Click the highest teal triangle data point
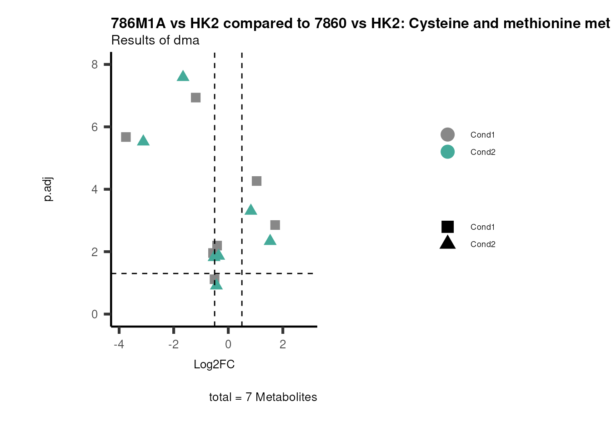183,76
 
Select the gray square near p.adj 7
195,98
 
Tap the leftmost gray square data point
126,137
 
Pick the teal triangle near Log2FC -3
143,141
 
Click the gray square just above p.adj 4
256,181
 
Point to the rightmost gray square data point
275,225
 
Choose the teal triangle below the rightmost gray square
270,240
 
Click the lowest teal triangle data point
216,285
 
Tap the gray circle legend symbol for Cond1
447,135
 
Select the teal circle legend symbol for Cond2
447,152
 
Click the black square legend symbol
447,227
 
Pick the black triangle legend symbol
447,243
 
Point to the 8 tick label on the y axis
95,64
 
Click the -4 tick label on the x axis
119,344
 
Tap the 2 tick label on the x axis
283,344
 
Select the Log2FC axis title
214,365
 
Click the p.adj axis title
48,189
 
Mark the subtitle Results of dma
155,40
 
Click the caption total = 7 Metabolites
263,397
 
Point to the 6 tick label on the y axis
95,127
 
